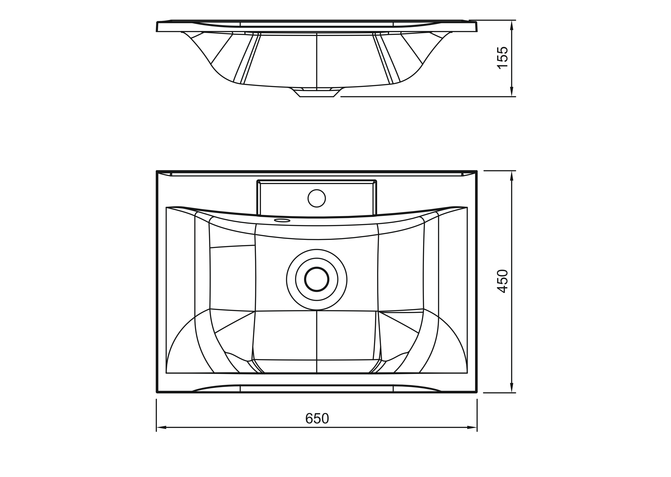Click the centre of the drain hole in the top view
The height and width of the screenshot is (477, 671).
coord(317,279)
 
